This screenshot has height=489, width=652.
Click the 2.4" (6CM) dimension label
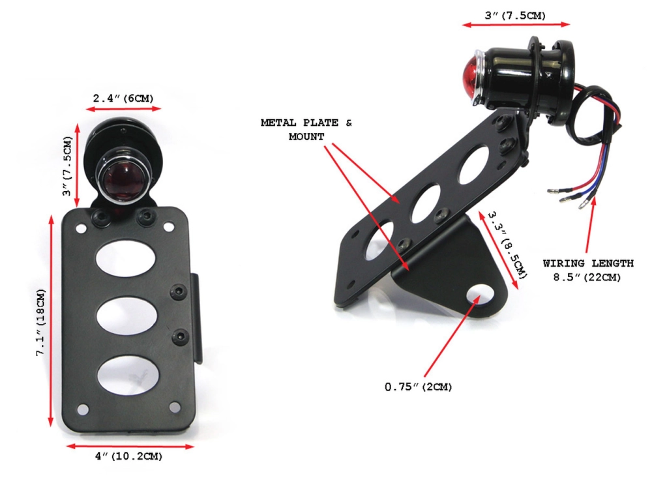tap(123, 98)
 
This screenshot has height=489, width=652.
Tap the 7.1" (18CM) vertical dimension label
tap(40, 322)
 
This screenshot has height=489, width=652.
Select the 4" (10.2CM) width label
tap(128, 456)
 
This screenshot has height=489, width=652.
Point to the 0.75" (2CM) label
tap(418, 387)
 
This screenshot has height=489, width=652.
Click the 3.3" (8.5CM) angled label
tap(507, 245)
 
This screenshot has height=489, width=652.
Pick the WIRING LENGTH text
tap(588, 263)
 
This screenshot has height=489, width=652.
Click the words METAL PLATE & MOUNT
tap(306, 129)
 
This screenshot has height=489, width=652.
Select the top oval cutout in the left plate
tap(126, 258)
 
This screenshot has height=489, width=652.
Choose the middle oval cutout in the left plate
tap(127, 316)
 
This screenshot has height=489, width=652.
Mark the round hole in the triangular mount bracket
tap(479, 293)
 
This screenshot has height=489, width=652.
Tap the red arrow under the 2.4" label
tap(123, 109)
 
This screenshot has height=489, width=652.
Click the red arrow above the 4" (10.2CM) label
tap(130, 447)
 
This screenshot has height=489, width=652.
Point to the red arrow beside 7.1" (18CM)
tap(51, 321)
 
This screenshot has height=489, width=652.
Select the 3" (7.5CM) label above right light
tap(515, 16)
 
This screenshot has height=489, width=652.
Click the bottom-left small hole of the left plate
tap(83, 409)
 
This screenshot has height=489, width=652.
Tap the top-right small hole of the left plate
tap(168, 227)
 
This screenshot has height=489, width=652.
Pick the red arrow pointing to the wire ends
tap(591, 224)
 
